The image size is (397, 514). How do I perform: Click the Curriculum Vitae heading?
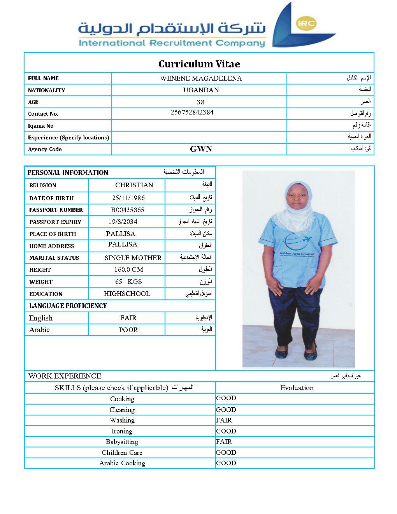tap(199, 64)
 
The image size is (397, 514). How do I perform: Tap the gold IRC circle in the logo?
tap(306, 24)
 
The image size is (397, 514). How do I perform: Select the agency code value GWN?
tap(201, 149)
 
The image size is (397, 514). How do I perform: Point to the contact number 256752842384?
tap(192, 113)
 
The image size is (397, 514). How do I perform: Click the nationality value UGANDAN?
tap(201, 90)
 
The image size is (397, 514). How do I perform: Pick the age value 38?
tap(200, 102)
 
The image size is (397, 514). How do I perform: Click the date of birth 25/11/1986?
tap(128, 198)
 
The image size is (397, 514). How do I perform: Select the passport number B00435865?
tap(127, 210)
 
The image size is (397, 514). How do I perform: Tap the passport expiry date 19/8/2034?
tap(123, 222)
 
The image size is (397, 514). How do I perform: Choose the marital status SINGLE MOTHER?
tap(133, 258)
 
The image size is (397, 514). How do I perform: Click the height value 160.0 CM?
tap(128, 269)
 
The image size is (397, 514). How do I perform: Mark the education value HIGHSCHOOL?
tap(127, 294)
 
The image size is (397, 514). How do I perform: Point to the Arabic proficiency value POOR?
tap(128, 330)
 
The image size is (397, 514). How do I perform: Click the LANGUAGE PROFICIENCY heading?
tap(68, 306)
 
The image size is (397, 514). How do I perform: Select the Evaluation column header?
tap(297, 387)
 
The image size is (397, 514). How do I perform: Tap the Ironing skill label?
tap(122, 431)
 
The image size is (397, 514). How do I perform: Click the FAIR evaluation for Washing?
tap(224, 420)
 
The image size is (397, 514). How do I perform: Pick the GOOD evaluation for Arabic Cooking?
tap(226, 463)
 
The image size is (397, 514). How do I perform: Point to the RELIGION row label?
tap(43, 185)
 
